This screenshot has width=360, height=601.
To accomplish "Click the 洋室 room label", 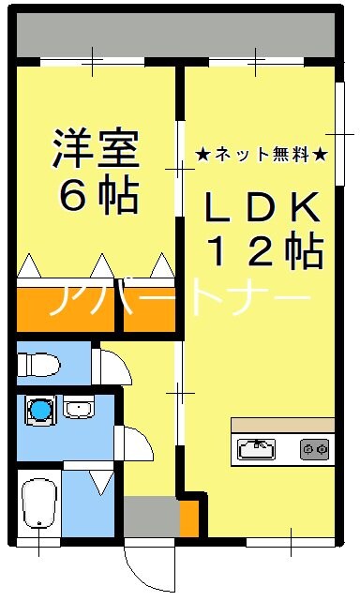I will coord(96,147).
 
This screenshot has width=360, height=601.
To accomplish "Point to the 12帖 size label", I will coord(264,250).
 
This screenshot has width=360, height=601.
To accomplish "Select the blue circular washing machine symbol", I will coord(39,409).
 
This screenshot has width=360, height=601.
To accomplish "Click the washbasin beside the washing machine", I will coord(76,409).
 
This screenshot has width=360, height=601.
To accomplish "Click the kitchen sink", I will coord(255,449).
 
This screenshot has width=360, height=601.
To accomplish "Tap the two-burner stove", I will coord(315,449).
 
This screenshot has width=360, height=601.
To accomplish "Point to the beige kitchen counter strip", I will coord(282,425).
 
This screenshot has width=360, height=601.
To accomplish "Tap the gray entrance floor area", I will coord(150,518).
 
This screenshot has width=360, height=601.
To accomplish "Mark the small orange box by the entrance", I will coord(189,518).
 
